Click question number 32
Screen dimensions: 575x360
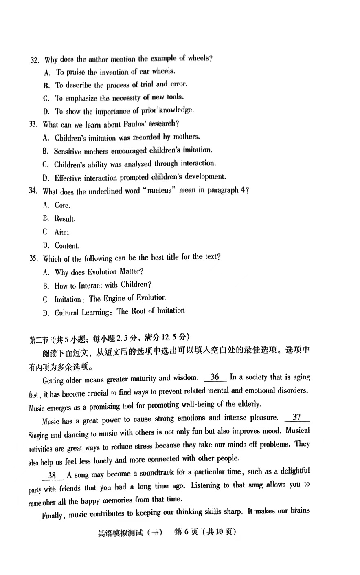pos(35,60)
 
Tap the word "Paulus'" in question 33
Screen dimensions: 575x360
pos(135,124)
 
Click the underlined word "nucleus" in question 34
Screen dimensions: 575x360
pos(158,191)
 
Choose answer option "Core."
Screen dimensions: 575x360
pos(62,205)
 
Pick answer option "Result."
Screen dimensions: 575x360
pos(65,218)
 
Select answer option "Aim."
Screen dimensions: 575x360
pos(61,232)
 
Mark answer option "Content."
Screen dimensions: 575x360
pos(67,245)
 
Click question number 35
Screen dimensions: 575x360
pos(33,258)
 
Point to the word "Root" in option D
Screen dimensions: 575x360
pos(138,311)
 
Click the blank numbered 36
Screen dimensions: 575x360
pos(215,377)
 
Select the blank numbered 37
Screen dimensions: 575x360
pos(296,417)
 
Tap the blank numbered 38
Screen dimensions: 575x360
pos(52,475)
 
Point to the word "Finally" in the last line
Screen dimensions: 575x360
pos(53,516)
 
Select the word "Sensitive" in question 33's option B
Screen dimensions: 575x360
pos(68,151)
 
